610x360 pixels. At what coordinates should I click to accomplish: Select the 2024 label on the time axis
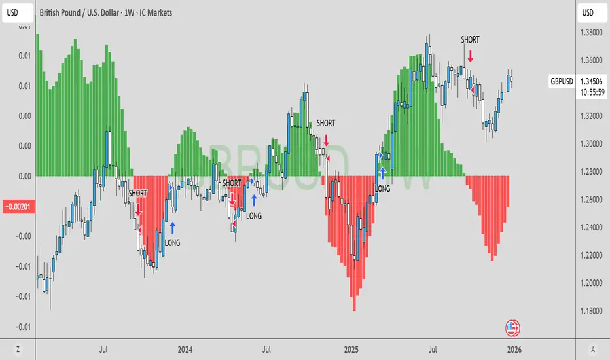tap(185, 349)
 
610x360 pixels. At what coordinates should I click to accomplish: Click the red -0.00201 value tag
tap(16, 207)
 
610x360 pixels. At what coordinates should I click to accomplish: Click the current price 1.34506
tap(591, 81)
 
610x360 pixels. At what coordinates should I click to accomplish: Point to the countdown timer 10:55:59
tap(591, 92)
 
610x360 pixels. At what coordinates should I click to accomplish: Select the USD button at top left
tap(18, 12)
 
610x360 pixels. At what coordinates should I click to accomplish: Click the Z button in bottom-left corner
tap(18, 349)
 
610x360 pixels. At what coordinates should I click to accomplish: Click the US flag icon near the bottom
tap(513, 328)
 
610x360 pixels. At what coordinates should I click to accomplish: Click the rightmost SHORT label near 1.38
tap(470, 40)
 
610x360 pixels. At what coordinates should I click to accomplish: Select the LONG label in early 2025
tap(382, 189)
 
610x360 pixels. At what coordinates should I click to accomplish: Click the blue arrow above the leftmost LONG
tap(173, 227)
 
